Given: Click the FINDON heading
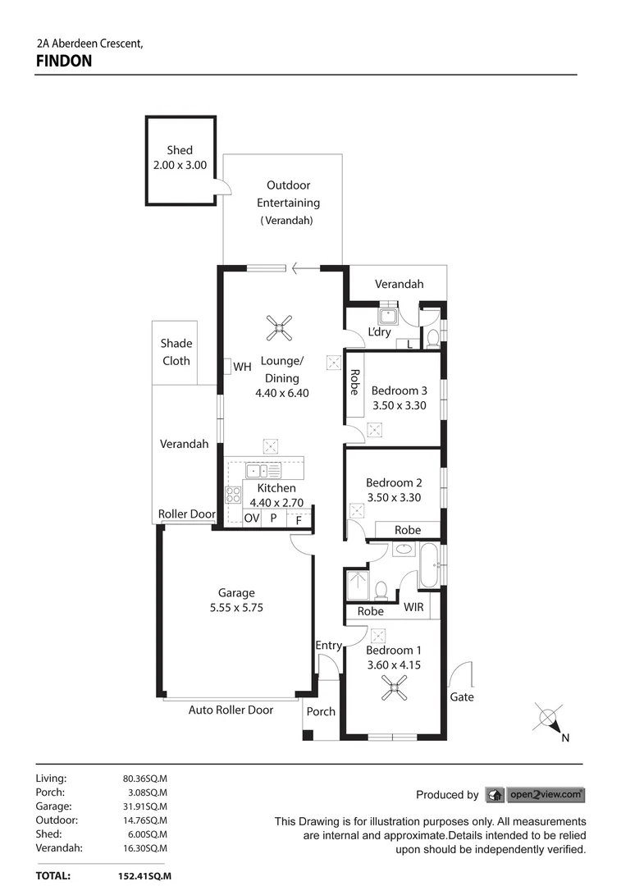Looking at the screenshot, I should [64, 61].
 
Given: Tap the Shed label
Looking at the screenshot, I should [180, 150].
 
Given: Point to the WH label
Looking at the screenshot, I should [242, 367].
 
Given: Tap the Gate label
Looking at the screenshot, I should [462, 696].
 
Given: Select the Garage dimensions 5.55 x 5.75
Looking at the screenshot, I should [236, 608].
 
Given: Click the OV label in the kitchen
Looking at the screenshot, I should [252, 518].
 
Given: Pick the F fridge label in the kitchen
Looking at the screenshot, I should [299, 519].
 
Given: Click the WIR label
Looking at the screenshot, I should [414, 608].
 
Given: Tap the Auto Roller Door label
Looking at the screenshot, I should [231, 710].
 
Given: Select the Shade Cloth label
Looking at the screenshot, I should [176, 352].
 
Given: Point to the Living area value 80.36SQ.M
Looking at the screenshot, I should [145, 779].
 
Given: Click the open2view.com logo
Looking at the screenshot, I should [535, 794].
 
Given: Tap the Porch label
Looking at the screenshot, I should [321, 711].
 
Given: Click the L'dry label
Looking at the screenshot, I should [379, 332].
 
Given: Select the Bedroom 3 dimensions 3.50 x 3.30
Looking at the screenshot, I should [399, 405].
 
